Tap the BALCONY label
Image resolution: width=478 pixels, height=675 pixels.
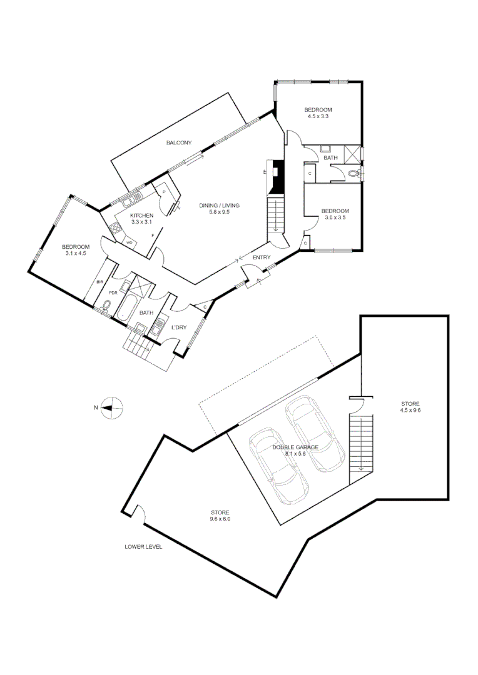click(178, 143)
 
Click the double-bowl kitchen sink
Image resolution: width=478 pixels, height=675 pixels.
click(131, 200)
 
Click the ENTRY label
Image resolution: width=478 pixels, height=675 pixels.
click(262, 257)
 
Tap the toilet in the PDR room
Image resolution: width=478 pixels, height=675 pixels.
click(106, 306)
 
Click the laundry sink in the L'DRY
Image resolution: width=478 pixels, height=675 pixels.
click(159, 329)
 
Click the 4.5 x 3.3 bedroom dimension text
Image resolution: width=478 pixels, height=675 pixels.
click(318, 116)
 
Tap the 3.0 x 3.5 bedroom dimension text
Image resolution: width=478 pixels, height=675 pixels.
click(335, 217)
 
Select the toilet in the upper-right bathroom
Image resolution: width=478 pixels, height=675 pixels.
click(355, 173)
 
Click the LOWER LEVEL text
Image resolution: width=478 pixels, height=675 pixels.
click(143, 546)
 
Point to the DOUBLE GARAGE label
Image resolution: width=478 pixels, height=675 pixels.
click(296, 447)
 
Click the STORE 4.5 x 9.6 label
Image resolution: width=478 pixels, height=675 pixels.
click(410, 407)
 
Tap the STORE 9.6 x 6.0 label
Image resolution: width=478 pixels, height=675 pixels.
click(220, 516)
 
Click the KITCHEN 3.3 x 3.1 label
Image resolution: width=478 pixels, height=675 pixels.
click(141, 218)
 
